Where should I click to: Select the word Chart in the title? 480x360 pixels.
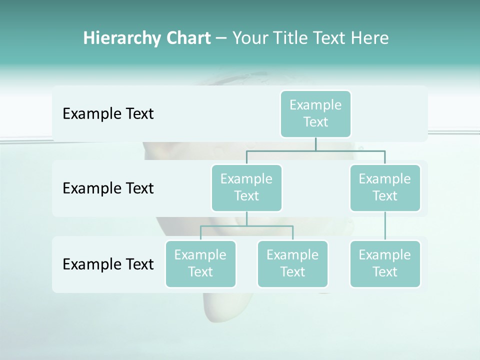pos(186,38)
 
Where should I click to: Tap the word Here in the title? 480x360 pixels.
pos(370,38)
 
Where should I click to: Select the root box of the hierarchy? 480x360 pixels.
pos(315,114)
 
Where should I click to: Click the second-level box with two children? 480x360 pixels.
pos(246,188)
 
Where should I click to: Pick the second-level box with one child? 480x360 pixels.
pos(385,188)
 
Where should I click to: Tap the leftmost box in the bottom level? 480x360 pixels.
pos(200,264)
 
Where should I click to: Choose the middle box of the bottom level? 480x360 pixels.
pos(292,264)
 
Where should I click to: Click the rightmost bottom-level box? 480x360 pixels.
pos(385,264)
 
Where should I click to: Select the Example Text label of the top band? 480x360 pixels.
pos(108,114)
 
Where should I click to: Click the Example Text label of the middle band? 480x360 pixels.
pos(108,188)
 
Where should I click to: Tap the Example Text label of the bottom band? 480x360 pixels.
pos(108,264)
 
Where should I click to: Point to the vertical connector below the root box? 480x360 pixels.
pos(315,144)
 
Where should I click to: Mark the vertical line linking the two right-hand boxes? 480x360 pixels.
pos(385,226)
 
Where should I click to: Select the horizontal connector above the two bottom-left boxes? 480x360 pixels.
pos(246,226)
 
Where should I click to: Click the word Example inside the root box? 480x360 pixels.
pos(315,105)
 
